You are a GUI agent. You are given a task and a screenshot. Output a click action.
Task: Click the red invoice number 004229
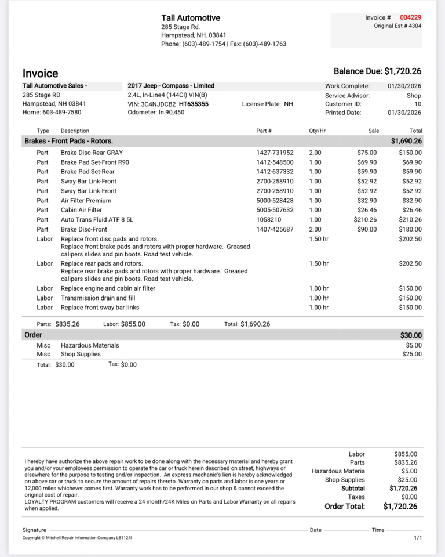[x=410, y=17]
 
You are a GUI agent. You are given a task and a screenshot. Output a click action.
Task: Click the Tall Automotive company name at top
[x=191, y=18]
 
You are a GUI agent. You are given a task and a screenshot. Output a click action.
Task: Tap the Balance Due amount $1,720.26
[x=403, y=71]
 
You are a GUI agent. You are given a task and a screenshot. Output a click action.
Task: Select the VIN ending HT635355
[x=194, y=104]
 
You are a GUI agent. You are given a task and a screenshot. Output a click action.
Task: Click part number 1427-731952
[x=275, y=153]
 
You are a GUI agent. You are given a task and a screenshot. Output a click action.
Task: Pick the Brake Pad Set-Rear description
[x=87, y=172]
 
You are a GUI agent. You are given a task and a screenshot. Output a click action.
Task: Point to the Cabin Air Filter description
[x=81, y=210]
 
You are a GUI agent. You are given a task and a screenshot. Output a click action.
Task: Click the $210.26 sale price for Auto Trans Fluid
[x=365, y=220]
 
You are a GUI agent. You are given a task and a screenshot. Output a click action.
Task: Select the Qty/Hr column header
[x=319, y=131]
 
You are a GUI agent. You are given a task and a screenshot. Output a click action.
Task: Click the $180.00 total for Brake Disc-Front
[x=410, y=229]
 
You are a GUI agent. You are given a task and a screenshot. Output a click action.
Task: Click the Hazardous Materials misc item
[x=90, y=345]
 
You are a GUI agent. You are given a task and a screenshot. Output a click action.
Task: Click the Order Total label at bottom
[x=345, y=507]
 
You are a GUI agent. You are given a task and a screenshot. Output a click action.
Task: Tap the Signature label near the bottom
[x=34, y=530]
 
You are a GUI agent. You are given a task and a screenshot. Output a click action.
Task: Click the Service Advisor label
[x=347, y=96]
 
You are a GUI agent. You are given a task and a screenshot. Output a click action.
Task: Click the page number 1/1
[x=418, y=538]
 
